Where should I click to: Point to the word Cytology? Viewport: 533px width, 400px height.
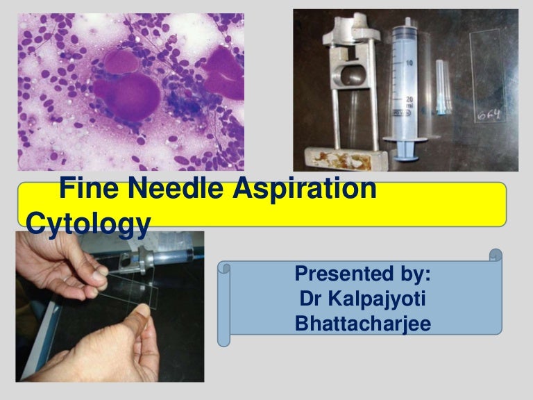pos(88,224)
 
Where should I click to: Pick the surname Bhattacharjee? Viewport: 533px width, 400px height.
pos(363,323)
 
